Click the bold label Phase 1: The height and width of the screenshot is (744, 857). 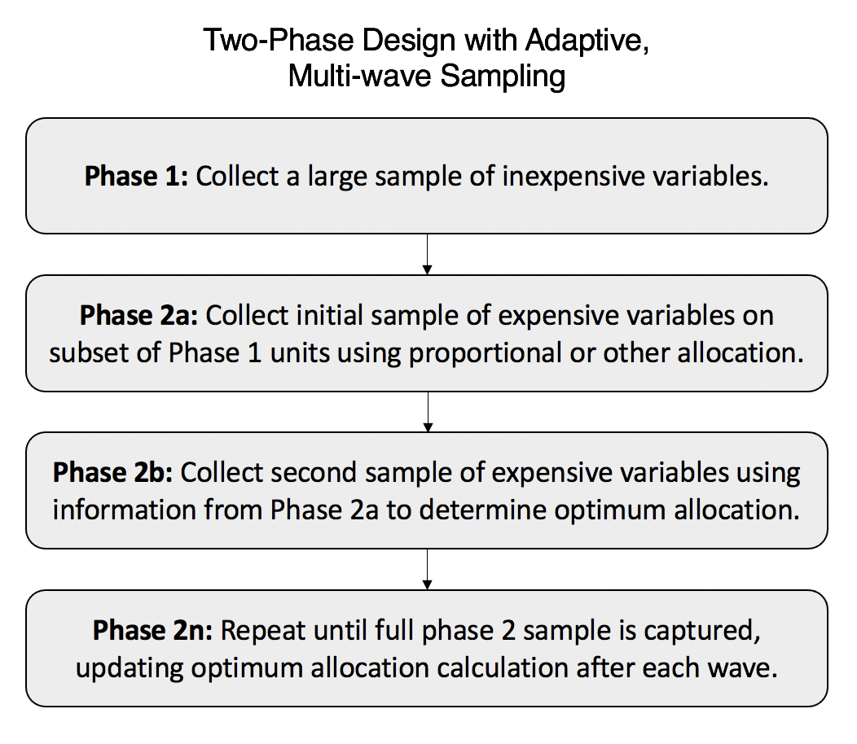pos(136,177)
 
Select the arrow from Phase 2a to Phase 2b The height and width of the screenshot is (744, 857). pos(428,411)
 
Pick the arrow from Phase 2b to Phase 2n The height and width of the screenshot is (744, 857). pos(428,568)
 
